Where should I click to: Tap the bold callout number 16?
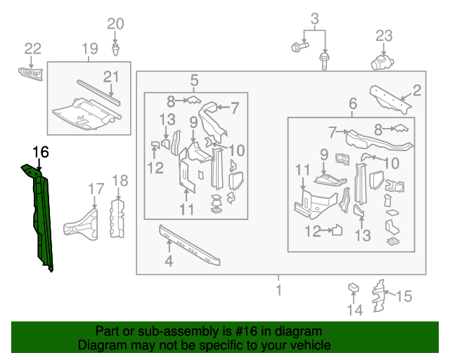click(41, 152)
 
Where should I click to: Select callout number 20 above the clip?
click(115, 24)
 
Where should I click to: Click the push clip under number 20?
click(115, 50)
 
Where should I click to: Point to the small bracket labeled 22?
click(31, 74)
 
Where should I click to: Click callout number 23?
click(384, 36)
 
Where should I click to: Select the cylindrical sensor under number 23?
click(382, 63)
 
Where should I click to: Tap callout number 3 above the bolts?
click(315, 19)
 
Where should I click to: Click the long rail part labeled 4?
click(190, 245)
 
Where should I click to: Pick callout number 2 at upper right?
click(416, 91)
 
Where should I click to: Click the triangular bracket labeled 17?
click(82, 225)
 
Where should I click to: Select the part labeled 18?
click(117, 219)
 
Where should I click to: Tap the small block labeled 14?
click(353, 288)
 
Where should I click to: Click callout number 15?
click(404, 296)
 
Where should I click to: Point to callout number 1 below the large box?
click(279, 290)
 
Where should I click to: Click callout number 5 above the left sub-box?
click(194, 80)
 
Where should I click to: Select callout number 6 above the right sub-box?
click(353, 103)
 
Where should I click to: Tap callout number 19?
click(90, 49)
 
